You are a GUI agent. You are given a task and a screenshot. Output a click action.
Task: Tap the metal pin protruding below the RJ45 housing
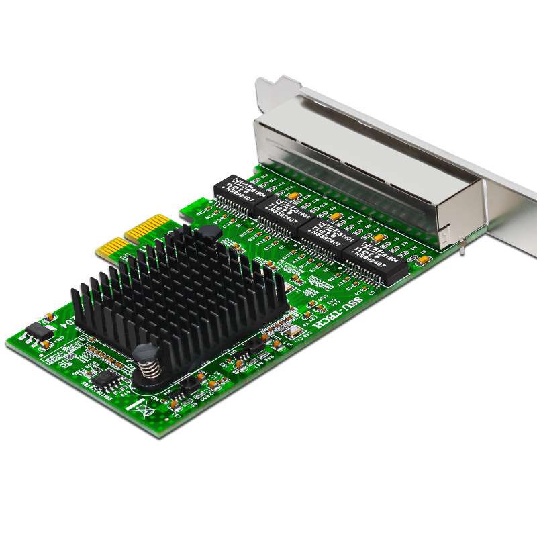[463, 250]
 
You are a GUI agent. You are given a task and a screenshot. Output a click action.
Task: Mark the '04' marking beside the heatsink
[66, 321]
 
